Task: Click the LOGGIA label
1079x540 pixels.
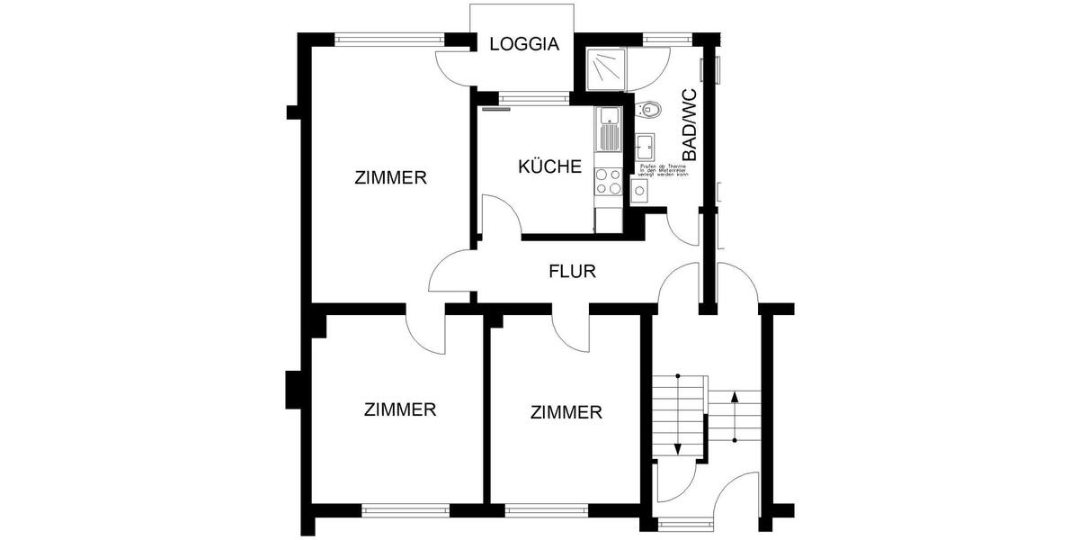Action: point(524,44)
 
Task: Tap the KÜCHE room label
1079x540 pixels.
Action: point(550,166)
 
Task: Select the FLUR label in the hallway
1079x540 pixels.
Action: point(573,270)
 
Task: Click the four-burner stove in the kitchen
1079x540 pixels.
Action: point(609,182)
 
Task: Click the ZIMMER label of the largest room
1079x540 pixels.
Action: point(390,178)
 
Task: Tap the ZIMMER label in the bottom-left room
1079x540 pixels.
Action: point(400,409)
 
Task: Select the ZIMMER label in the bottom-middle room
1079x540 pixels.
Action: point(566,412)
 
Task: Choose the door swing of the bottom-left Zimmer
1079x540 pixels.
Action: point(425,333)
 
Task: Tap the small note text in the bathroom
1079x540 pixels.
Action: point(663,171)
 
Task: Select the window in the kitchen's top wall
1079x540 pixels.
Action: point(527,97)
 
